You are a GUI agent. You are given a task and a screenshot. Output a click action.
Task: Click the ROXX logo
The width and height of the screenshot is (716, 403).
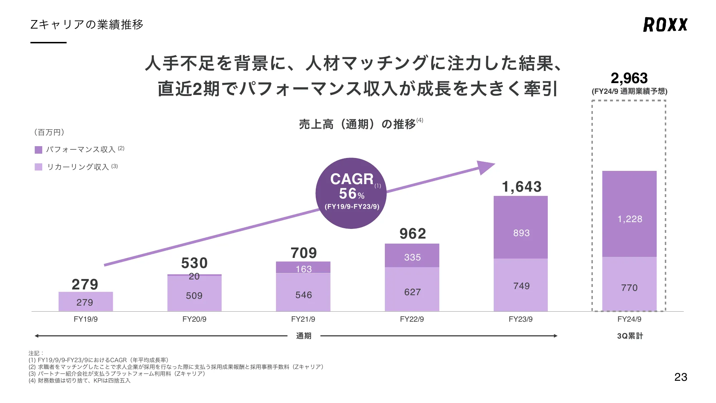(665, 25)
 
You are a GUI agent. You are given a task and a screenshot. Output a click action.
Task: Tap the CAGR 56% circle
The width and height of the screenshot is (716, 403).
(351, 193)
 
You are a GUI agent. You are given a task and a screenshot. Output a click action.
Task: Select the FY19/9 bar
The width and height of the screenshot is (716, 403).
(86, 302)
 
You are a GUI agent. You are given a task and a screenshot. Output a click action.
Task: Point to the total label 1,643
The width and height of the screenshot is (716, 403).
(522, 187)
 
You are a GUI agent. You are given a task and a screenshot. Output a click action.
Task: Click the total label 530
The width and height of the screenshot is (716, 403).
(194, 263)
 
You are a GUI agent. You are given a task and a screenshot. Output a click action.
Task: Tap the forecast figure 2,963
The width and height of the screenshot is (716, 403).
(629, 78)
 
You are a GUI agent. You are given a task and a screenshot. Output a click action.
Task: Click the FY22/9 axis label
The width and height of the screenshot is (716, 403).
(412, 319)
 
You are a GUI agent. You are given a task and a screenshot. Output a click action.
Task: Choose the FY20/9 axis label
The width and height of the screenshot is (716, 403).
(194, 319)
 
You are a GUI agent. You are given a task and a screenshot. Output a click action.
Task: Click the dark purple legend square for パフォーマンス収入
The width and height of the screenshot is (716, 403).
(38, 150)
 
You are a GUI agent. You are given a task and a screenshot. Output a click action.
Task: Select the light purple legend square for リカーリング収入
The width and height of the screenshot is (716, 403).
(38, 167)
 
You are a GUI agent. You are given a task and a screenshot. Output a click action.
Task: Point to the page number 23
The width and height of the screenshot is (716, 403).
(681, 377)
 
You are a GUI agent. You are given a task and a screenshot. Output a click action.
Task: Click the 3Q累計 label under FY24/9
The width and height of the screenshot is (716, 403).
(630, 336)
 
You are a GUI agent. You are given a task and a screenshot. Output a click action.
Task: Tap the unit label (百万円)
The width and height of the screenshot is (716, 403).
(49, 133)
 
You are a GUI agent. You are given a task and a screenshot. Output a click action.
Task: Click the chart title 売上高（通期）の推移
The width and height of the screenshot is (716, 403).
(357, 124)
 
